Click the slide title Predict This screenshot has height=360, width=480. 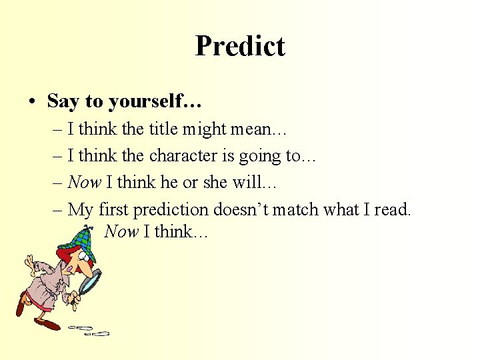(x=240, y=46)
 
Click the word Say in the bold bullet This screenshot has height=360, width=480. (x=63, y=101)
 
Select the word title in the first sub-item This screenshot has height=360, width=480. (x=162, y=129)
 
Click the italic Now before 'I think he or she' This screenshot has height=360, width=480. (x=84, y=183)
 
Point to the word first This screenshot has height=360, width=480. (x=113, y=209)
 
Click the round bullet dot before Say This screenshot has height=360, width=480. (x=33, y=102)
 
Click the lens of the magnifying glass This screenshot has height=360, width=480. (x=90, y=281)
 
